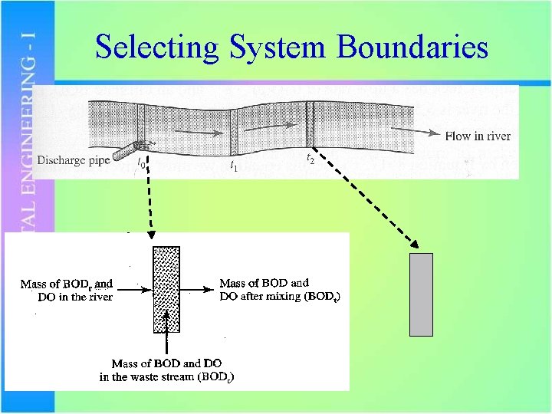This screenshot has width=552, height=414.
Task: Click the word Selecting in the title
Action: coord(156,48)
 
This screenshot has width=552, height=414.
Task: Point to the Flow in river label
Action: coord(478,136)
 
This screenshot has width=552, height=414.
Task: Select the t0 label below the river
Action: coord(141,163)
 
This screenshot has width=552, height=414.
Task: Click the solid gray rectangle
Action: coord(421,294)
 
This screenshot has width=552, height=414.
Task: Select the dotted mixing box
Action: coord(166,289)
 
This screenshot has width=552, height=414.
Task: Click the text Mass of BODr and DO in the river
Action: coord(67,290)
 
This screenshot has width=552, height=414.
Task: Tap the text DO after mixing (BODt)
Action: coord(279,296)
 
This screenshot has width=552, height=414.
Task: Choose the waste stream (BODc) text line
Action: coord(167,376)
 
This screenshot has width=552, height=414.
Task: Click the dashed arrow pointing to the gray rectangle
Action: coord(368,201)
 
